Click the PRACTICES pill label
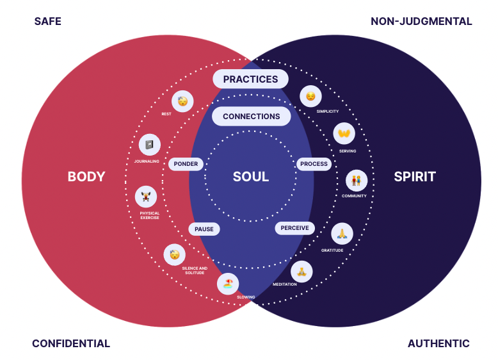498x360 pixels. (250, 79)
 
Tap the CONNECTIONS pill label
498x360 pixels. (251, 117)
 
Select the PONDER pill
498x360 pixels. (186, 164)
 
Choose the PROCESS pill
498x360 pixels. (314, 164)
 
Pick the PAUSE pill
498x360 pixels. (204, 229)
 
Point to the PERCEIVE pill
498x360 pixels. (294, 228)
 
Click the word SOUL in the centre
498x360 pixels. (251, 177)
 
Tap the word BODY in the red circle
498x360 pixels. (86, 177)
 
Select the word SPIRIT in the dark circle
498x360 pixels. (415, 177)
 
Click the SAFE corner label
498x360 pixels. (48, 22)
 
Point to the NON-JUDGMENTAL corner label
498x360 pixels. (421, 22)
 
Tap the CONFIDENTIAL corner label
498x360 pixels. (71, 344)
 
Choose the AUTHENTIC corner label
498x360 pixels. (438, 344)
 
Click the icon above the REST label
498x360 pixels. (182, 101)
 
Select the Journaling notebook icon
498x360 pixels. (149, 145)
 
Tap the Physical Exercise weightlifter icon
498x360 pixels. (146, 197)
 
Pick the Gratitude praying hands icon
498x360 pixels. (342, 234)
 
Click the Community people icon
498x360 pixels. (357, 181)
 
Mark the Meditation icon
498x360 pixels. (301, 272)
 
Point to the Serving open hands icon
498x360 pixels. (344, 133)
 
